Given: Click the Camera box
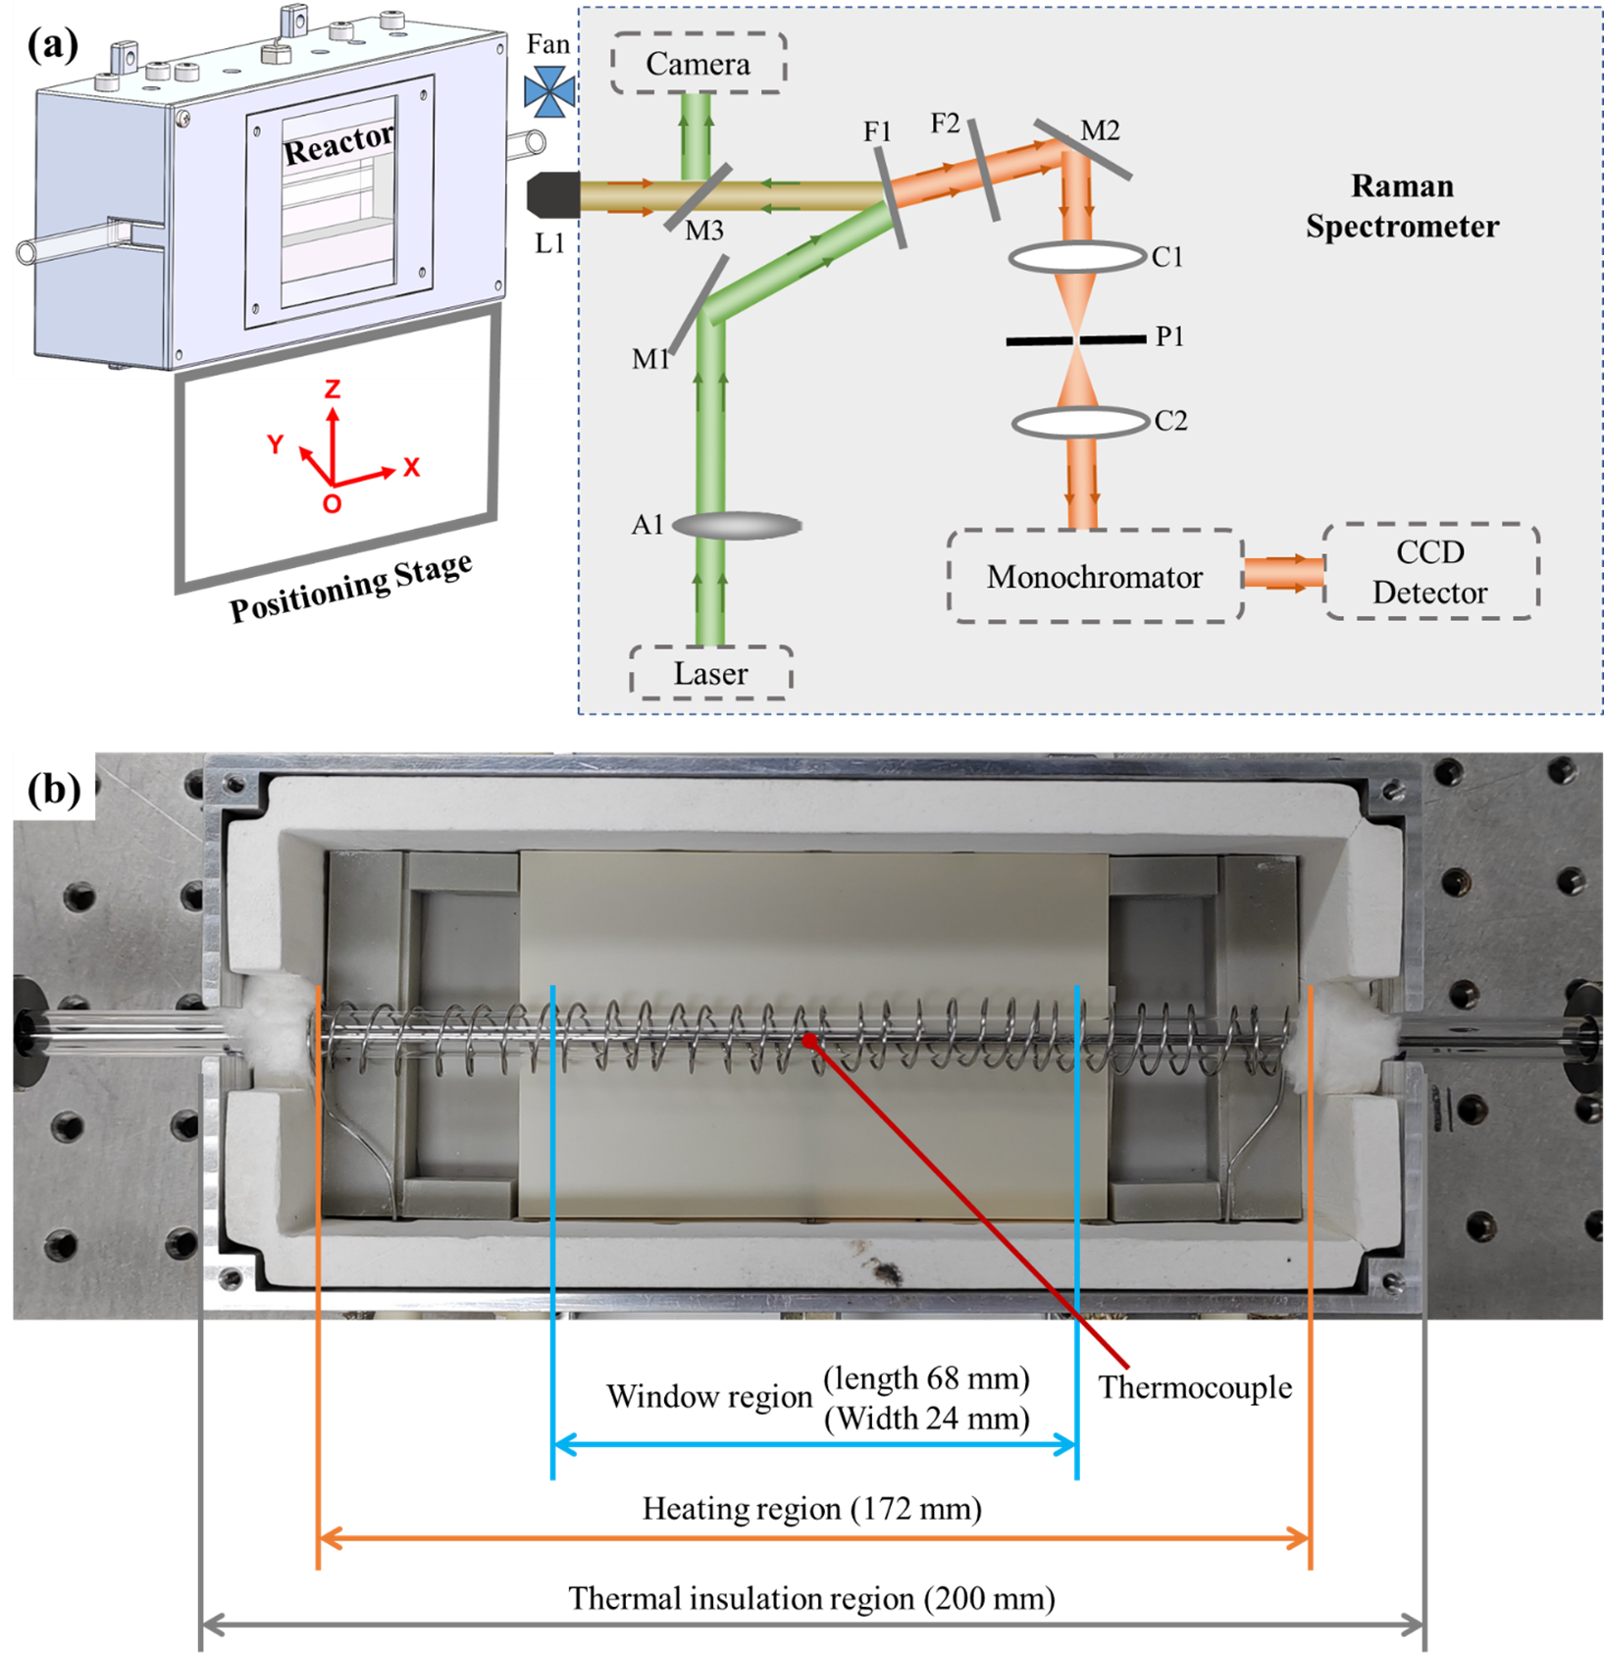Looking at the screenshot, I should [x=699, y=64].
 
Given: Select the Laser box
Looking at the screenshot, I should [x=710, y=673].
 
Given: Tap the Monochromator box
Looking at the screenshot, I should [x=1095, y=577].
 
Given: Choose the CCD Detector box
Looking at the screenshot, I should [x=1430, y=572].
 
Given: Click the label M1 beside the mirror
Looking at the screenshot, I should [x=650, y=359].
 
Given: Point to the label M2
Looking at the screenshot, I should [x=1100, y=130].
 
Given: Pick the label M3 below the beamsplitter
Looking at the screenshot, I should [x=703, y=231].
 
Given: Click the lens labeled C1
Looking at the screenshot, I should [x=1077, y=257].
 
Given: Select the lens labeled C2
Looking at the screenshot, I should [x=1080, y=422].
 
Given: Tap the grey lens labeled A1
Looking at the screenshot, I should [x=737, y=526].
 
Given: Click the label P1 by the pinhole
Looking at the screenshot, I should [x=1169, y=336].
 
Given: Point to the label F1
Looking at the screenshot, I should [x=877, y=131].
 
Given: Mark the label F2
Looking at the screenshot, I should [x=945, y=123].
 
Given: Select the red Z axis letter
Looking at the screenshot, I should [x=334, y=389].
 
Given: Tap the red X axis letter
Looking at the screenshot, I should [x=412, y=467].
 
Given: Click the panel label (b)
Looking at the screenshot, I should [x=54, y=789].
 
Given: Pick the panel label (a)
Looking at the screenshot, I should [x=53, y=44].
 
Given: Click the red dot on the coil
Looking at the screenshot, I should [x=809, y=1040].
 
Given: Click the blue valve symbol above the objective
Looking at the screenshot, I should [x=549, y=92].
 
